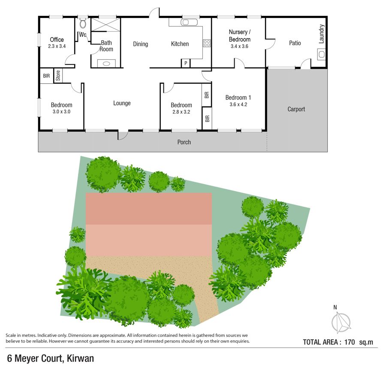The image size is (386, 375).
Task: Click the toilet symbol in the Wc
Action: [83, 24]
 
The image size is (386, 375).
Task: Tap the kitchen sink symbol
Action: [189, 22]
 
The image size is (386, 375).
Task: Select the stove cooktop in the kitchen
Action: [207, 43]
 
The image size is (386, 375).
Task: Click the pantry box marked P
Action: [186, 63]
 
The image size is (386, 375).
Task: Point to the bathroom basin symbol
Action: [106, 64]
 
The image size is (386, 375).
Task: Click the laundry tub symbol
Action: [322, 54]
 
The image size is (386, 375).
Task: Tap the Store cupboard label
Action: [58, 76]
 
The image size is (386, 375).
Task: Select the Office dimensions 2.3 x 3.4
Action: [57, 46]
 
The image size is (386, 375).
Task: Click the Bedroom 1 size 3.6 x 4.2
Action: [238, 104]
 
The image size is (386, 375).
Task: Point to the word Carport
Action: [296, 109]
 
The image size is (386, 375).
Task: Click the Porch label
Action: [184, 142]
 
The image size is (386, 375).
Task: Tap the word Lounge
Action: [122, 103]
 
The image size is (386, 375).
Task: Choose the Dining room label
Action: [141, 44]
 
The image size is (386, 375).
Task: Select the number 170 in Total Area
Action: [349, 342]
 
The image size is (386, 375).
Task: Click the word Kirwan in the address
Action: [81, 358]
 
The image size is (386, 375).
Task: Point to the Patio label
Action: [295, 43]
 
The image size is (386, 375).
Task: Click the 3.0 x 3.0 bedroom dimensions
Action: [61, 112]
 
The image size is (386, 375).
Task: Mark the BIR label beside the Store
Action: [46, 76]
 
